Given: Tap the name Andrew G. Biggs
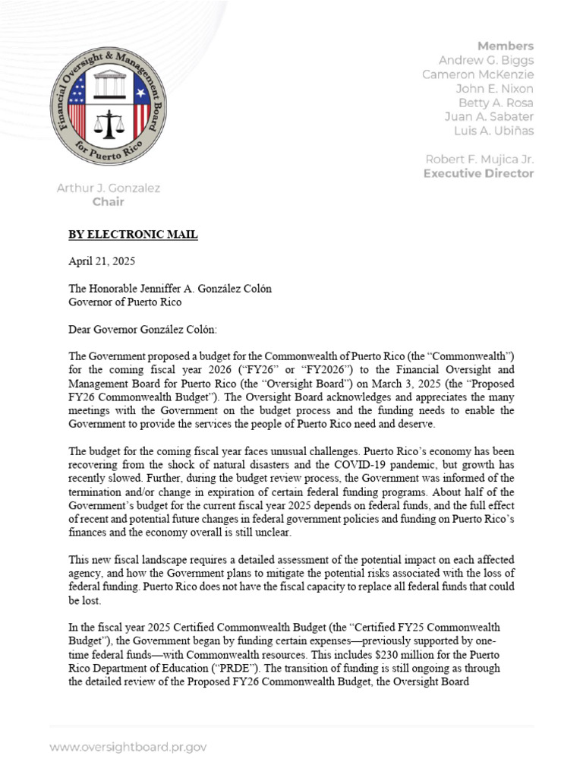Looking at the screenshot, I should click(x=486, y=60).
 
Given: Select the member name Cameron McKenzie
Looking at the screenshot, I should click(x=478, y=74).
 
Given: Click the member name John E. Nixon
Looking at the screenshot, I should click(x=494, y=89).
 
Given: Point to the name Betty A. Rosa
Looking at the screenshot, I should click(x=495, y=103).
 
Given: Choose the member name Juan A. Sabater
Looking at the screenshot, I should click(x=488, y=116).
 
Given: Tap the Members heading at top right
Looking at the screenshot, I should click(x=505, y=46).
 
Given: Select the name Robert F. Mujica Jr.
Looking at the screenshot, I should click(x=479, y=159).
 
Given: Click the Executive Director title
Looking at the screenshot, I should click(x=478, y=173).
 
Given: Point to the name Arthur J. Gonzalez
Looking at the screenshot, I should click(x=107, y=188).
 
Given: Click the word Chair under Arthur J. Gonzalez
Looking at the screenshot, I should click(x=108, y=202).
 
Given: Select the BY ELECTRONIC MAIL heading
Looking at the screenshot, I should click(x=133, y=235).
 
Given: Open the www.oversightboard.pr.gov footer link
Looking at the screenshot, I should click(x=128, y=747).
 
